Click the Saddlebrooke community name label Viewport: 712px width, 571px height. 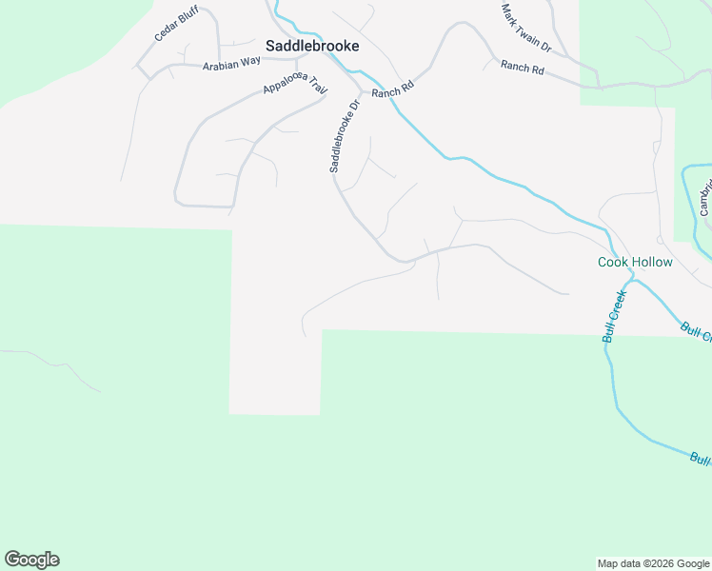[x=312, y=45]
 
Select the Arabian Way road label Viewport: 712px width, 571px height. [x=230, y=62]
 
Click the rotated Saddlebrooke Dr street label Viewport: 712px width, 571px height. [x=345, y=136]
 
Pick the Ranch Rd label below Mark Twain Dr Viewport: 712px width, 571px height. [x=522, y=69]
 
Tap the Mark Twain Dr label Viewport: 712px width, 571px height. [x=526, y=27]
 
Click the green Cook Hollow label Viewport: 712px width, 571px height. [x=635, y=262]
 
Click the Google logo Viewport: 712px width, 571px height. [x=31, y=560]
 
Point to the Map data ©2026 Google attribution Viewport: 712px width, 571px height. [x=653, y=563]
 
